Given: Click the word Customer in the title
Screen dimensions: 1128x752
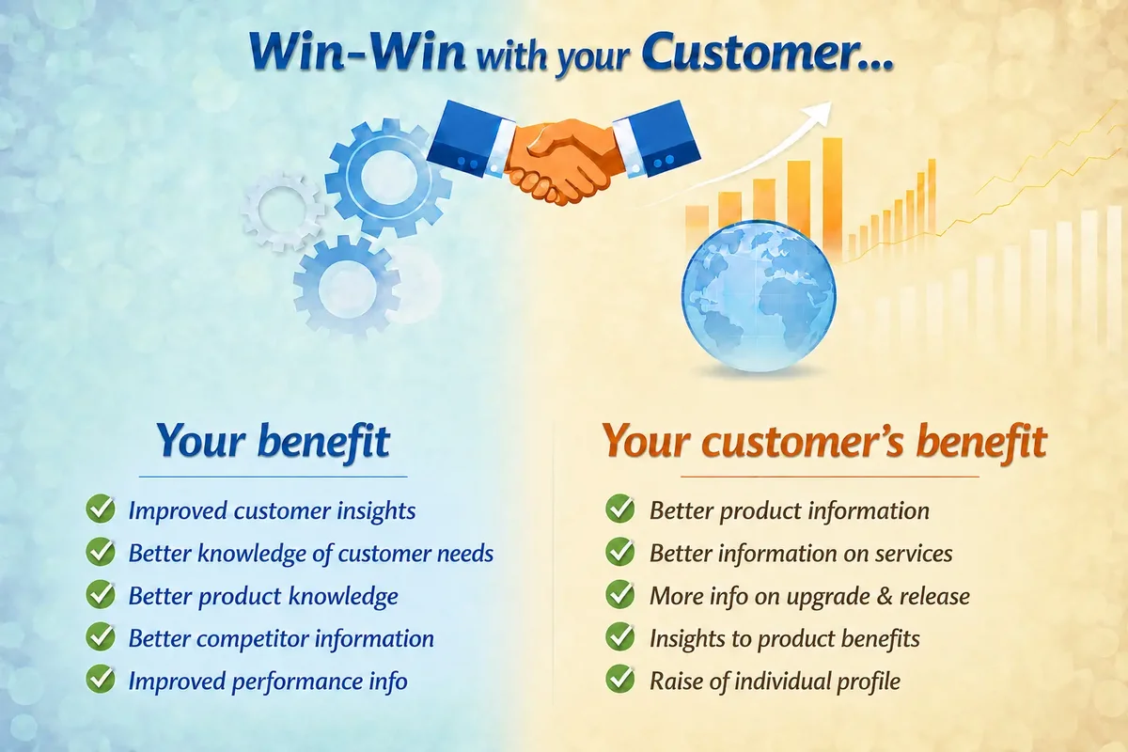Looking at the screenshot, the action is (x=765, y=53).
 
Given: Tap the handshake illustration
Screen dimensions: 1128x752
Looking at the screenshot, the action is (x=563, y=152).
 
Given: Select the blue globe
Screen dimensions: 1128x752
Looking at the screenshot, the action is (x=759, y=297).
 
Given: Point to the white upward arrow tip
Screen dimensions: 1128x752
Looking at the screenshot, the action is (x=830, y=102).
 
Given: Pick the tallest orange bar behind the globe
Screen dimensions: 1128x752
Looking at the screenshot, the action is (x=833, y=196).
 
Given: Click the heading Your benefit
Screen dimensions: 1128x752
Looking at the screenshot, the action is (x=274, y=441).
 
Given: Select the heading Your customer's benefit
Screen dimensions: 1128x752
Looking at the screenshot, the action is (x=824, y=441).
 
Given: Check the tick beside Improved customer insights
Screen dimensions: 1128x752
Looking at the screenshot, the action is (x=101, y=509).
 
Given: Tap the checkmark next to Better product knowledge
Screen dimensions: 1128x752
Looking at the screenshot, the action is (x=101, y=594).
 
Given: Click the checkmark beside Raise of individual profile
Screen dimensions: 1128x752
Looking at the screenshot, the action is (x=619, y=680).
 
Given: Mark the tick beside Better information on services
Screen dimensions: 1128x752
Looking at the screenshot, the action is (x=619, y=552).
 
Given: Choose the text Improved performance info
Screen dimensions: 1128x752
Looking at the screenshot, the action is (x=268, y=681).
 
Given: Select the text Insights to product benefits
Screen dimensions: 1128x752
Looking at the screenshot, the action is (x=785, y=638).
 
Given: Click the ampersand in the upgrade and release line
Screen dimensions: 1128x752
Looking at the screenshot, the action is (x=885, y=596).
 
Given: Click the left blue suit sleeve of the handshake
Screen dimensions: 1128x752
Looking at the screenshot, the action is (x=470, y=137).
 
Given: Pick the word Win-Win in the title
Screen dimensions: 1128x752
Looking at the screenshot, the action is (x=357, y=53).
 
